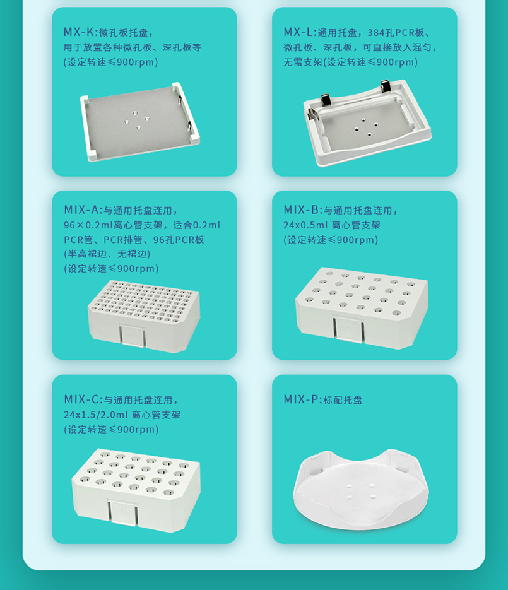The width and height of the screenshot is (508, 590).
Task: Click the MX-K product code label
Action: [x=78, y=32]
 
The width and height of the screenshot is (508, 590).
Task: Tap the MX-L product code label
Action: [x=298, y=32]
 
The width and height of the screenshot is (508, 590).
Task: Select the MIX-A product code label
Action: [x=81, y=209]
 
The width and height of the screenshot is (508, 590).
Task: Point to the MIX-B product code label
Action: [x=301, y=209]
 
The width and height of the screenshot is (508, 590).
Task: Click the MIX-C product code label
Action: [x=81, y=399]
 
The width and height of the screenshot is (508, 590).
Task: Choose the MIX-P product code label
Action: [x=301, y=399]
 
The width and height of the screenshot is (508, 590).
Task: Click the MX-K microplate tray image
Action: [x=140, y=122]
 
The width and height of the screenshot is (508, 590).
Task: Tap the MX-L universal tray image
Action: [x=368, y=122]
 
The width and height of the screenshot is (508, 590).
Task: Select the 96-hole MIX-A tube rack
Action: [x=144, y=316]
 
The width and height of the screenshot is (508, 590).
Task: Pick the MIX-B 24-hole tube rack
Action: [x=362, y=308]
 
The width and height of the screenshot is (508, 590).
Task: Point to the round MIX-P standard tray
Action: [x=361, y=489]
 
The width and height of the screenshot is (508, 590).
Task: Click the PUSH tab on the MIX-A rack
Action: [x=132, y=335]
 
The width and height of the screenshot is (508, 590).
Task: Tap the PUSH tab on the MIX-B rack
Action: [x=348, y=329]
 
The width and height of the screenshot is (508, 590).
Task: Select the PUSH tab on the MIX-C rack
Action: [x=122, y=512]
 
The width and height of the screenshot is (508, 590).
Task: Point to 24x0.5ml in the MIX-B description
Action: [x=305, y=225]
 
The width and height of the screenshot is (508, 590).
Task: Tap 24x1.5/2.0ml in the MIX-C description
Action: [x=96, y=415]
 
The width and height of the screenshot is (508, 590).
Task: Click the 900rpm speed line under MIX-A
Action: [x=111, y=269]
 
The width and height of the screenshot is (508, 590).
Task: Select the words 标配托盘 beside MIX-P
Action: [x=343, y=400]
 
